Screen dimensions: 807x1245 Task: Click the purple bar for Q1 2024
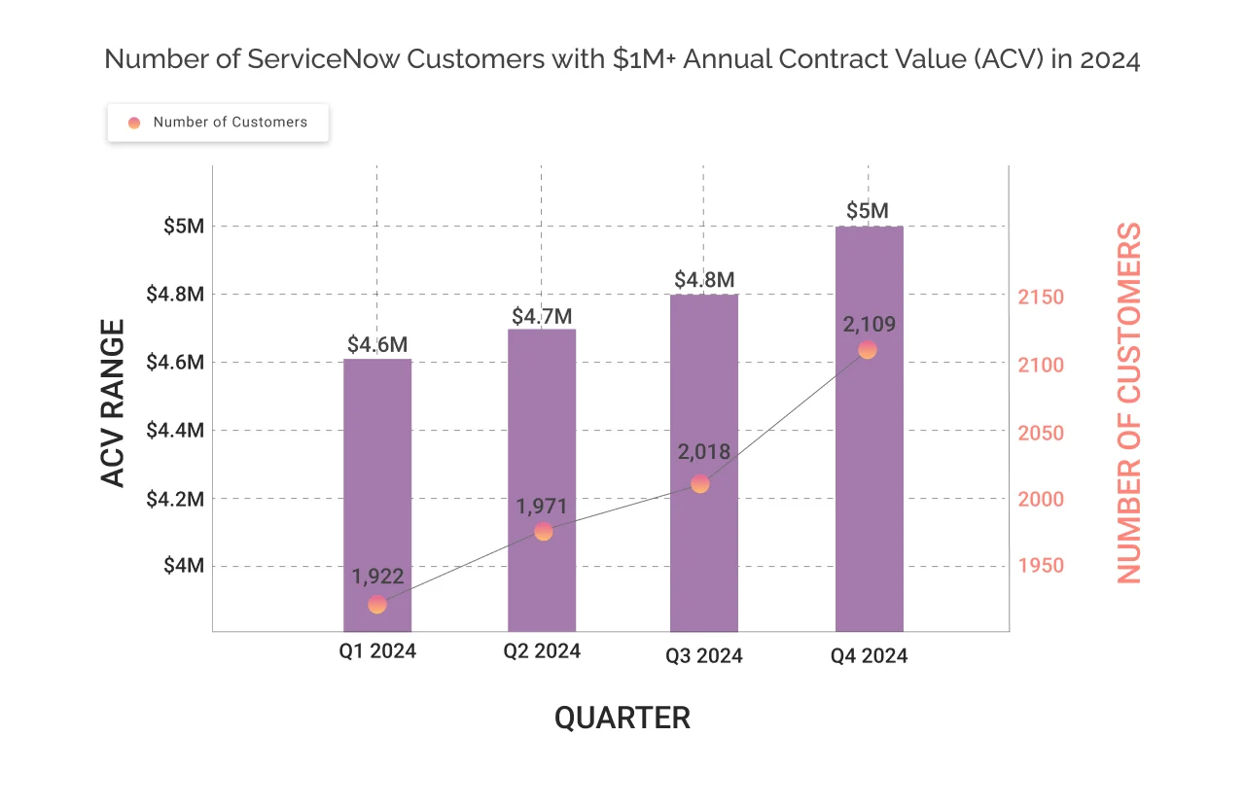pyautogui.click(x=377, y=486)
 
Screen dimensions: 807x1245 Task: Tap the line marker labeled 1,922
pyautogui.click(x=377, y=605)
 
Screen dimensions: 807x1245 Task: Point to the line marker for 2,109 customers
pyautogui.click(x=868, y=350)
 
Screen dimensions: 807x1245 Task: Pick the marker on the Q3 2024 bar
pyautogui.click(x=700, y=484)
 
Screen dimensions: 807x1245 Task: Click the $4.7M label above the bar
pyautogui.click(x=542, y=316)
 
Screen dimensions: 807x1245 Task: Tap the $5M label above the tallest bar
pyautogui.click(x=868, y=211)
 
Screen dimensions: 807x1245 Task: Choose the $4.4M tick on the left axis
pyautogui.click(x=175, y=430)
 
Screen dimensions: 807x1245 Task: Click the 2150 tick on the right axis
pyautogui.click(x=1042, y=298)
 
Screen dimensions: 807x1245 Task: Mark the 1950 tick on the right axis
pyautogui.click(x=1042, y=566)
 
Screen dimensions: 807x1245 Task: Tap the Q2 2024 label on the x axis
pyautogui.click(x=542, y=651)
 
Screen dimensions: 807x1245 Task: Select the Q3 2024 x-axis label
pyautogui.click(x=704, y=656)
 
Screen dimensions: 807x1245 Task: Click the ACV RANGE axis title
pyautogui.click(x=114, y=403)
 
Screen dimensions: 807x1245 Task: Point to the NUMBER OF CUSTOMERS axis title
pyautogui.click(x=1128, y=403)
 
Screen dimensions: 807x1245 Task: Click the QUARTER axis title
pyautogui.click(x=622, y=718)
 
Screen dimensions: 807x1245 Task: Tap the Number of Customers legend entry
pyautogui.click(x=219, y=123)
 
